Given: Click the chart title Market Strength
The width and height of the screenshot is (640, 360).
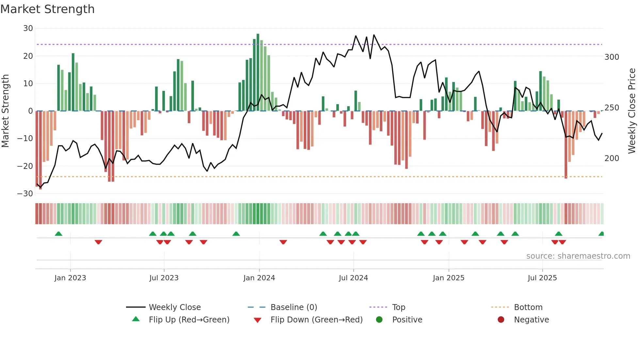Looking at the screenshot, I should coord(48,9).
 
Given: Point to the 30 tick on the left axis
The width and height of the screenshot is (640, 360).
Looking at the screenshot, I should coord(28,28).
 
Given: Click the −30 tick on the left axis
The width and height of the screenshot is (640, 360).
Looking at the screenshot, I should coord(25,194).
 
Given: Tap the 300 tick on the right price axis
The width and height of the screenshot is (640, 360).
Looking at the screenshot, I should coord(612,57).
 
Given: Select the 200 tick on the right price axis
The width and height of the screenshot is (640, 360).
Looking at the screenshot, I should coord(612,158).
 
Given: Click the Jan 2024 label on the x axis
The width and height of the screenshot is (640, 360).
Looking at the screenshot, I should coord(259,278).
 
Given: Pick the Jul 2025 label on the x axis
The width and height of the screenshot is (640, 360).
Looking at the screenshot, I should coord(542,278).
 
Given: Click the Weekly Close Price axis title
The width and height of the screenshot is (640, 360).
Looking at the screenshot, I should coord(632,111).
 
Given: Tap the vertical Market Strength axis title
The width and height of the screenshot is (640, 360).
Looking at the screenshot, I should coord(6,111).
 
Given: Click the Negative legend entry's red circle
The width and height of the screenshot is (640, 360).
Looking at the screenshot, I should coord(501,320).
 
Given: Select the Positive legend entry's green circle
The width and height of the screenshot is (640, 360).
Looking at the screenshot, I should coord(379,320).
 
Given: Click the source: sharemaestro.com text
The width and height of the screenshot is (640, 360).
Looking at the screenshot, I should coord(578,256).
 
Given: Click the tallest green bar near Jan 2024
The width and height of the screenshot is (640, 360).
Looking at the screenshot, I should coord(258,72).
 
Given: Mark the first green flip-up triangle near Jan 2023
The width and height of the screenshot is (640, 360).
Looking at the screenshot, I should coord(58,234).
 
